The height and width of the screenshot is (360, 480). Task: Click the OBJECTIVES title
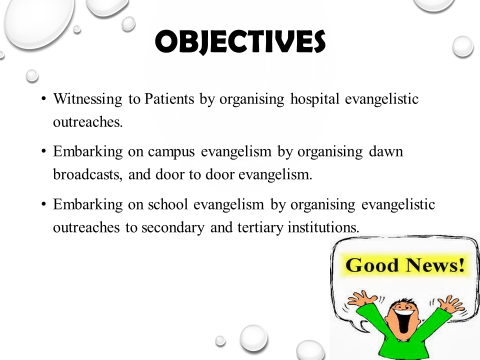(240, 42)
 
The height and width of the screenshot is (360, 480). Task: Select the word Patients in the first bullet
(169, 99)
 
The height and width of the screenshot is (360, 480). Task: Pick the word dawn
(386, 151)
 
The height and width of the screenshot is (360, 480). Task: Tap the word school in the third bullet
(168, 204)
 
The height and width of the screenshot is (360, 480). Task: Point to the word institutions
(323, 227)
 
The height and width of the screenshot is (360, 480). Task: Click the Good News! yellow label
(405, 265)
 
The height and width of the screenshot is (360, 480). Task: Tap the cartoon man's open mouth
(404, 321)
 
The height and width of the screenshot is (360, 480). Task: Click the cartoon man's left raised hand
(361, 298)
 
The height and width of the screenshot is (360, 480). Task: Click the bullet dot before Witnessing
(44, 99)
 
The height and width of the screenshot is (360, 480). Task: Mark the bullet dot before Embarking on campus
(44, 151)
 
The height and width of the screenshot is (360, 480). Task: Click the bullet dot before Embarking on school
(44, 204)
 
